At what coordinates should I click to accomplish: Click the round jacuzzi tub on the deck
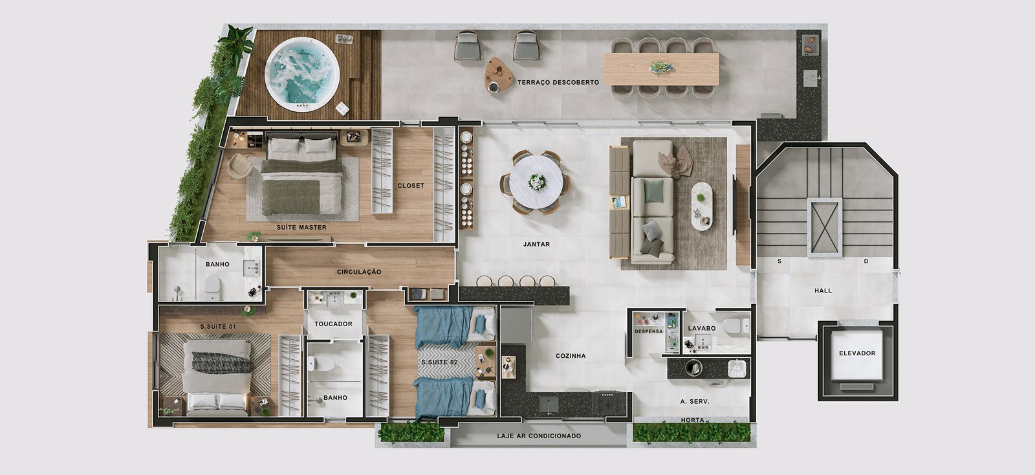[x=301, y=74]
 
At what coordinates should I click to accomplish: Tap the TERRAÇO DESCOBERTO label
[x=558, y=82]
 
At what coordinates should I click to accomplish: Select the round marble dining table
[x=536, y=182]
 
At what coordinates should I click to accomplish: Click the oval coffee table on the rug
[x=701, y=206]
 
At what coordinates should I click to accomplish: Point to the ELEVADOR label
[x=857, y=353]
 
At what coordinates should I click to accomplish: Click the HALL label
[x=823, y=291]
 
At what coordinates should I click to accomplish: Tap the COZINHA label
[x=571, y=356]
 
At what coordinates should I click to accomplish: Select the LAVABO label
[x=701, y=328]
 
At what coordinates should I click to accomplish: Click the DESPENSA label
[x=649, y=331]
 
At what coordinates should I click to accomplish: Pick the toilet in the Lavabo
[x=735, y=325]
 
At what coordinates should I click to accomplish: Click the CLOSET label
[x=411, y=185]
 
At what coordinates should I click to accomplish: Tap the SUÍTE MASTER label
[x=301, y=227]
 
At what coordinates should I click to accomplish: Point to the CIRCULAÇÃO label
[x=359, y=272]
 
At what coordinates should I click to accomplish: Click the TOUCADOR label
[x=333, y=324]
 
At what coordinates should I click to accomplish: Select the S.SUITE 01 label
[x=217, y=326]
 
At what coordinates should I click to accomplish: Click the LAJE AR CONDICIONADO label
[x=539, y=436]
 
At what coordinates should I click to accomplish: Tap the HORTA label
[x=693, y=420]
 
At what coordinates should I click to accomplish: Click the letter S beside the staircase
[x=779, y=261]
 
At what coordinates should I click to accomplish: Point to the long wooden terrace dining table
[x=662, y=69]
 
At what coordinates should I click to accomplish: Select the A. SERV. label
[x=695, y=401]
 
